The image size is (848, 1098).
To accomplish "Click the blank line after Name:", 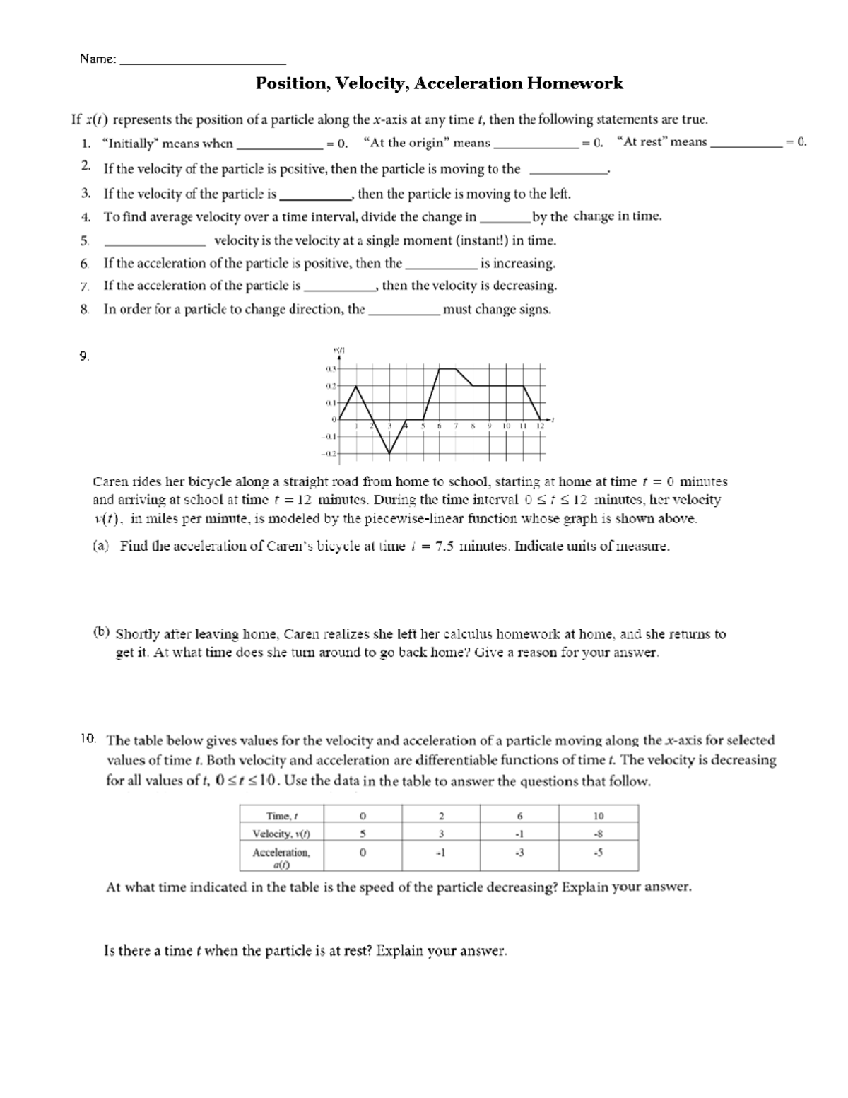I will [x=204, y=61].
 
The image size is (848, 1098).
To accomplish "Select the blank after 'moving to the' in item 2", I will [x=568, y=170].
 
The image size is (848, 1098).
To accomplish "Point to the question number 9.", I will [x=84, y=356].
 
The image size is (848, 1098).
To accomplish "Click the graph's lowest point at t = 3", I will [x=390, y=453].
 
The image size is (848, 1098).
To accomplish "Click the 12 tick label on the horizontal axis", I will [x=540, y=426].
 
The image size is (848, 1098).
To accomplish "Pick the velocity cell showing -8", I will [x=598, y=834].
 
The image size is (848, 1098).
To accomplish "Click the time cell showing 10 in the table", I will [x=598, y=815].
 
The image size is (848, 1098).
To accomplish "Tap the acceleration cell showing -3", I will [x=519, y=853].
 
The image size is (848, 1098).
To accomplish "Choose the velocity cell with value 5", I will [x=362, y=834].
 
